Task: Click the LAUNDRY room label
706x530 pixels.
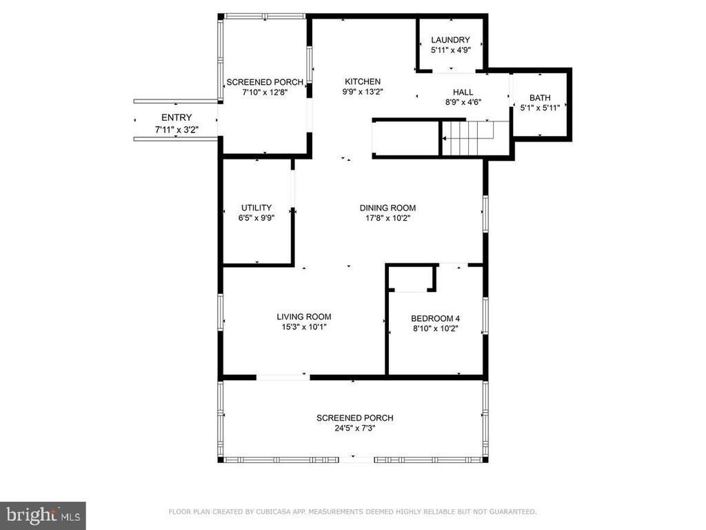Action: pyautogui.click(x=450, y=40)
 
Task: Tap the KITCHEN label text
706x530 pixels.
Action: pyautogui.click(x=363, y=81)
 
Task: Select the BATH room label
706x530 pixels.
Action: pyautogui.click(x=540, y=98)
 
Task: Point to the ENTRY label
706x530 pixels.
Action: pyautogui.click(x=176, y=117)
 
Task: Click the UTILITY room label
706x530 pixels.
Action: pyautogui.click(x=256, y=208)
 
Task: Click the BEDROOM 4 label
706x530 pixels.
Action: pyautogui.click(x=435, y=318)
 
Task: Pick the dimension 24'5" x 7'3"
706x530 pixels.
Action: pyautogui.click(x=355, y=428)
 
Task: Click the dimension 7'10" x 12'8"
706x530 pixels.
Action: pyautogui.click(x=265, y=92)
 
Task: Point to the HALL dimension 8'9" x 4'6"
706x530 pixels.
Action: pyautogui.click(x=463, y=102)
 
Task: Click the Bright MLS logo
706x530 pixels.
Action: pyautogui.click(x=42, y=515)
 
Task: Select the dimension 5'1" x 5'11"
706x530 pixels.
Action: pyautogui.click(x=540, y=108)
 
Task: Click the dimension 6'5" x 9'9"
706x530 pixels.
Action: pyautogui.click(x=256, y=218)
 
